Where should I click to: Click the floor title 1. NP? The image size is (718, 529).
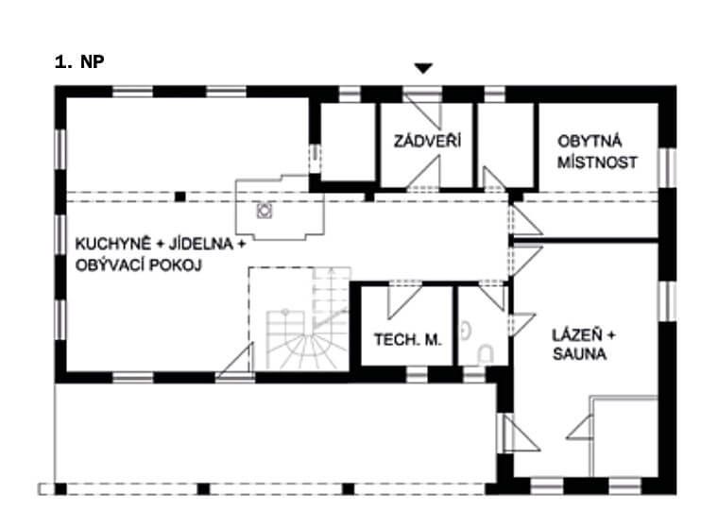[x=79, y=61]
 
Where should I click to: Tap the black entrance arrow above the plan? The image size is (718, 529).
[x=423, y=68]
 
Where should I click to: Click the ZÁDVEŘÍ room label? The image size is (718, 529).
[x=427, y=141]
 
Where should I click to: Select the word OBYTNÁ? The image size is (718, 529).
[x=590, y=141]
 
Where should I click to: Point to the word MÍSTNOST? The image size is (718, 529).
[x=597, y=162]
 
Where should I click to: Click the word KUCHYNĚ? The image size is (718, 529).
[x=113, y=243]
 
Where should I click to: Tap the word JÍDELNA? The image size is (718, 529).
[x=201, y=244]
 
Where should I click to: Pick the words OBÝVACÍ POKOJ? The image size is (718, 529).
[x=138, y=265]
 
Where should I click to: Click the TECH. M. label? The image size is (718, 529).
[x=407, y=340]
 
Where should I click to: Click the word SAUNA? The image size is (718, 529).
[x=579, y=353]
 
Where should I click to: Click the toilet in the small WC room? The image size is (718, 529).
[x=485, y=353]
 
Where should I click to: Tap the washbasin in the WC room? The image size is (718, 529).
[x=466, y=331]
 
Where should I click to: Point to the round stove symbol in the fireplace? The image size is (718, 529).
[x=265, y=211]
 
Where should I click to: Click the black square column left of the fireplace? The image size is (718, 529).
[x=180, y=196]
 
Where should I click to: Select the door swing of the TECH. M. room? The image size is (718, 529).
[x=404, y=300]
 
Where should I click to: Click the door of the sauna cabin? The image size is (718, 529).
[x=580, y=427]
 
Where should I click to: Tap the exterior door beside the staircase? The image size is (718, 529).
[x=235, y=361]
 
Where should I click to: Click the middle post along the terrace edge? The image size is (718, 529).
[x=203, y=489]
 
